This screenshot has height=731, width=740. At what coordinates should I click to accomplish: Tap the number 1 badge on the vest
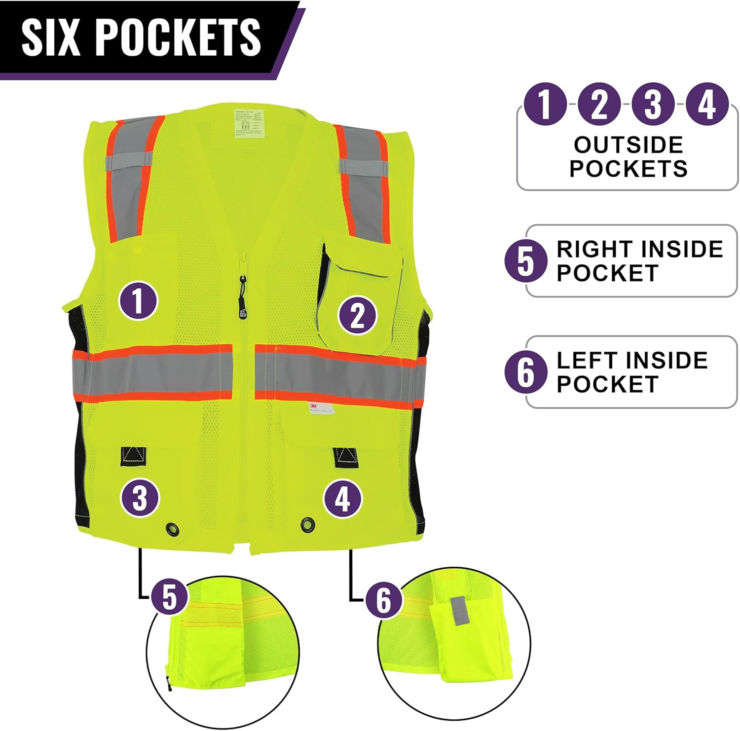pyautogui.click(x=138, y=300)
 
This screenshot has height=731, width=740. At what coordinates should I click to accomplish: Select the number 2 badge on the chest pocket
pyautogui.click(x=357, y=315)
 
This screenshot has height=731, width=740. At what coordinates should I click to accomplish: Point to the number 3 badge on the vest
pyautogui.click(x=140, y=497)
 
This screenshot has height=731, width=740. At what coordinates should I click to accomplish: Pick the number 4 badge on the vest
pyautogui.click(x=343, y=498)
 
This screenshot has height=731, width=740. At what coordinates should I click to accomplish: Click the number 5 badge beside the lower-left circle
pyautogui.click(x=169, y=596)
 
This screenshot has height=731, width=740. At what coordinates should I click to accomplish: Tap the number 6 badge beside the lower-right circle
pyautogui.click(x=384, y=600)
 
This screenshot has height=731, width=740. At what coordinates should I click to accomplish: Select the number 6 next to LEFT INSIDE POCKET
pyautogui.click(x=526, y=372)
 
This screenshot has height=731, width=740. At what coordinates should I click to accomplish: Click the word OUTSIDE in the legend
pyautogui.click(x=628, y=145)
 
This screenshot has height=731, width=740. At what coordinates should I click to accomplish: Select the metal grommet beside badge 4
pyautogui.click(x=307, y=524)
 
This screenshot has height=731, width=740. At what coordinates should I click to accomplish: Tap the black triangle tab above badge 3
pyautogui.click(x=133, y=456)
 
